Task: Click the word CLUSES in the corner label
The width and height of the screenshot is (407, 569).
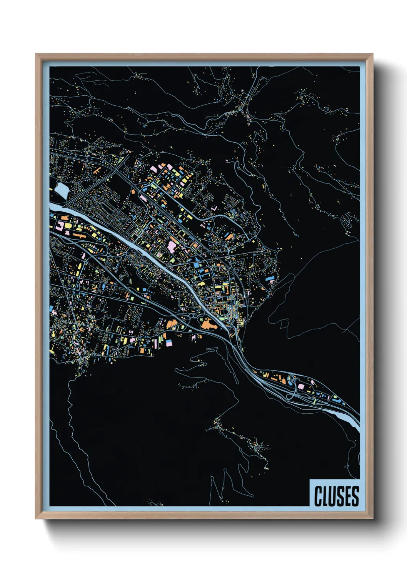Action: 336,496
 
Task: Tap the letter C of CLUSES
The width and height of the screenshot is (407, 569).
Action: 319,496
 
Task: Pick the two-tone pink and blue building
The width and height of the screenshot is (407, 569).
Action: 169,341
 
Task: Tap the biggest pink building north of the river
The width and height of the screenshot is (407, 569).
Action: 172,245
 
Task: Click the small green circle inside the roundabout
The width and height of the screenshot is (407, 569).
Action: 201,319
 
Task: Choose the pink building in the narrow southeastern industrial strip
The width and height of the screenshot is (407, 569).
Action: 301,386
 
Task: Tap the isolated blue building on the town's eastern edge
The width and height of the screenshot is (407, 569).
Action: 270,278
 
